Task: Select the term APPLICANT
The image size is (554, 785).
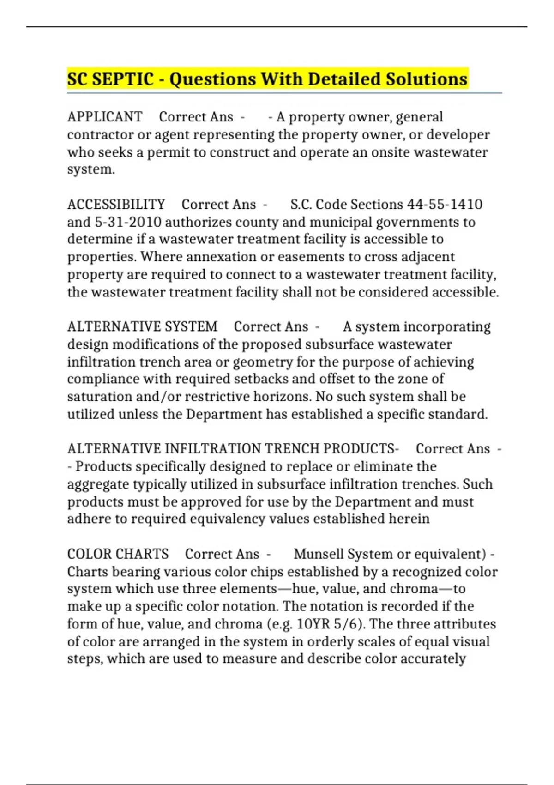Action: click(x=105, y=117)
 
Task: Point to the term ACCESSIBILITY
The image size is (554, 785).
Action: click(x=116, y=204)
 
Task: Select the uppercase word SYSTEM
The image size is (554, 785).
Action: click(x=191, y=326)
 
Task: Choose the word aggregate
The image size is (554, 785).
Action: click(x=98, y=484)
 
